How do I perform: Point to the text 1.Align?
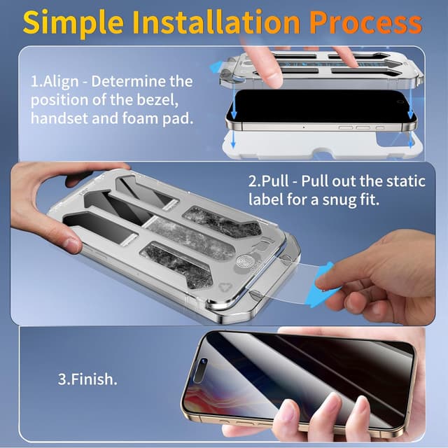coord(55,82)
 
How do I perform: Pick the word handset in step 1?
coord(59,118)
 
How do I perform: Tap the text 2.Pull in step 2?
coord(273,181)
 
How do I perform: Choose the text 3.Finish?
coord(87,381)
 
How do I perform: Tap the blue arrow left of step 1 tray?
coord(216,67)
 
